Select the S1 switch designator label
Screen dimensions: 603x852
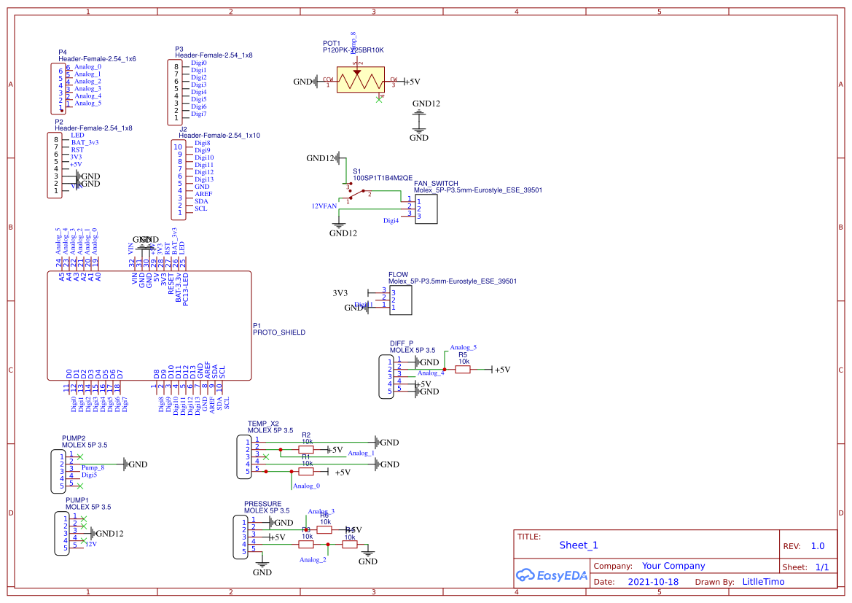pyautogui.click(x=357, y=171)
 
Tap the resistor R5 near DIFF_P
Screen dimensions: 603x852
pyautogui.click(x=463, y=370)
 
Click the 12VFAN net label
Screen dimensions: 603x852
pyautogui.click(x=324, y=206)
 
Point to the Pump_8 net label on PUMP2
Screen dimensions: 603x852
pyautogui.click(x=93, y=467)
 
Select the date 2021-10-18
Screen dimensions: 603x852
pyautogui.click(x=652, y=582)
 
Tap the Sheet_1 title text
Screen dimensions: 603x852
pyautogui.click(x=578, y=545)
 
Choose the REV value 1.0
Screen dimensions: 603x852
pyautogui.click(x=818, y=546)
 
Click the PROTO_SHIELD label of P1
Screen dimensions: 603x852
pyautogui.click(x=279, y=332)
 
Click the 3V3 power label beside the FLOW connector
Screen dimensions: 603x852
pyautogui.click(x=340, y=293)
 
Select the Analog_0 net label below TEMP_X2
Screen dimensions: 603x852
pyautogui.click(x=306, y=486)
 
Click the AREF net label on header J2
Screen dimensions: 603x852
pyautogui.click(x=203, y=194)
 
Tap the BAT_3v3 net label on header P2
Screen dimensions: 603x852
pyautogui.click(x=85, y=142)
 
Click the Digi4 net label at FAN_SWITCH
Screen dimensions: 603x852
pyautogui.click(x=391, y=219)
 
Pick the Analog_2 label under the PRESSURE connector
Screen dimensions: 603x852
pyautogui.click(x=313, y=559)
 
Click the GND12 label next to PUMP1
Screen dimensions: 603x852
pyautogui.click(x=109, y=534)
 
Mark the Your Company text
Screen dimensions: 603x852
pyautogui.click(x=673, y=566)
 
